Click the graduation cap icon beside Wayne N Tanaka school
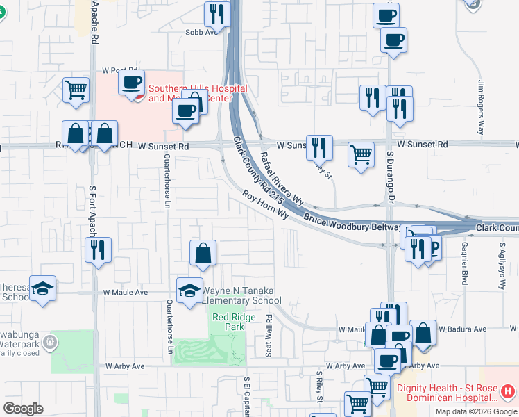[x=189, y=292]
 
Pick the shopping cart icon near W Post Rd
[x=76, y=90]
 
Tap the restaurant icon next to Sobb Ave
[x=217, y=14]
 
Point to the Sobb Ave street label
[x=201, y=32]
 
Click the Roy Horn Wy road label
[x=265, y=204]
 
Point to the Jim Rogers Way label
[x=480, y=108]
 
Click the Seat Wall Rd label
[x=269, y=334]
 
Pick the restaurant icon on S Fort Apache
[x=98, y=250]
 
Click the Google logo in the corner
[x=24, y=409]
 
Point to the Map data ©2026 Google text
[x=475, y=411]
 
